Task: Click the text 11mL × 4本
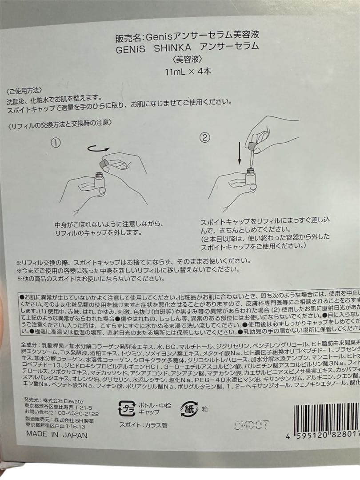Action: point(188,72)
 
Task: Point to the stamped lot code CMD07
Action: point(251,425)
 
